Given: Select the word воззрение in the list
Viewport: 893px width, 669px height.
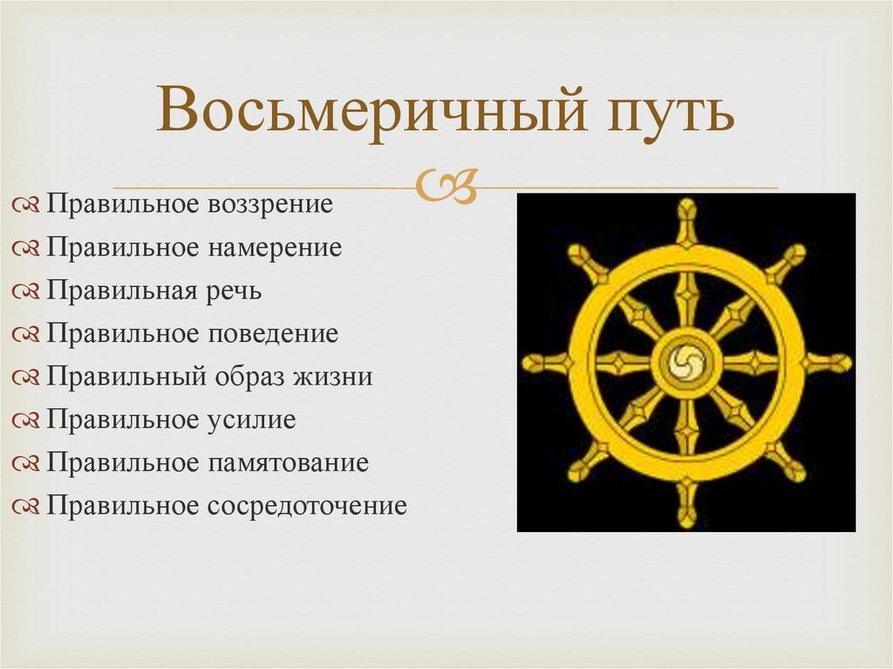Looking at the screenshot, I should tap(270, 205).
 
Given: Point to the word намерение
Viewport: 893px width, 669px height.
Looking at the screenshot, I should tap(275, 248).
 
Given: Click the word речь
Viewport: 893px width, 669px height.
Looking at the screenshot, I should tap(234, 290).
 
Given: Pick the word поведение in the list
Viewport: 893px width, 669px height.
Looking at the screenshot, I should tap(273, 333).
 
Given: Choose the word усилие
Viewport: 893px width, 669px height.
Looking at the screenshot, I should tap(252, 420).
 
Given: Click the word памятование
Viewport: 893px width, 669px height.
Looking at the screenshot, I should tap(288, 462).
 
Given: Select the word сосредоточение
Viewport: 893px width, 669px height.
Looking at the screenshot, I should tap(307, 505).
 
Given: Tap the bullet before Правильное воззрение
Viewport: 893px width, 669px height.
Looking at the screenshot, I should tap(26, 206).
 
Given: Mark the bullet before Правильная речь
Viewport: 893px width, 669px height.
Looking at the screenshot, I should tap(26, 291).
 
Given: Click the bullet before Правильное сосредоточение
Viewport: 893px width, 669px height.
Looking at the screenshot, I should tap(26, 506).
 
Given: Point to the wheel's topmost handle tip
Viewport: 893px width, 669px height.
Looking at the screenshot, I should tap(687, 209).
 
